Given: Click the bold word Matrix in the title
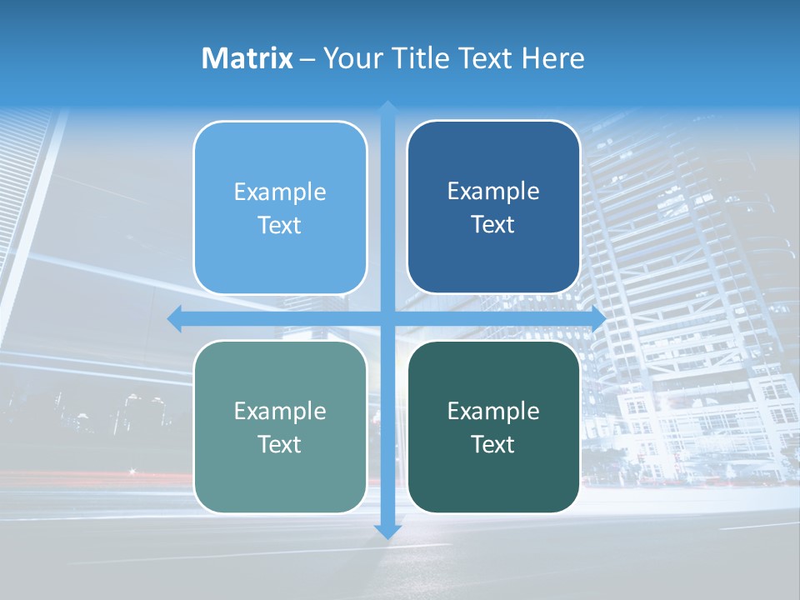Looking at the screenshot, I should (247, 58).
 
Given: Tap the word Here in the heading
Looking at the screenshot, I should (553, 58).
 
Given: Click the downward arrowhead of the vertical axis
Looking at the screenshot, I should (387, 531).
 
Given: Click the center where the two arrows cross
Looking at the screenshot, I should (387, 318).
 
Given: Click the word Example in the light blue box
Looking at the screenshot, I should (280, 192).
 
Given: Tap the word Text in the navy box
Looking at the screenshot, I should (493, 225).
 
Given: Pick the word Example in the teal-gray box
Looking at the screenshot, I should (280, 412).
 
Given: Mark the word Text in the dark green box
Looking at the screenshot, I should (493, 444).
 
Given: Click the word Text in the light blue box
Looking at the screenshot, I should (280, 226).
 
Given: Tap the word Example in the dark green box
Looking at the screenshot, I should (493, 412).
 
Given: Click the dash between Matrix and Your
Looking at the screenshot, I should (307, 59).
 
